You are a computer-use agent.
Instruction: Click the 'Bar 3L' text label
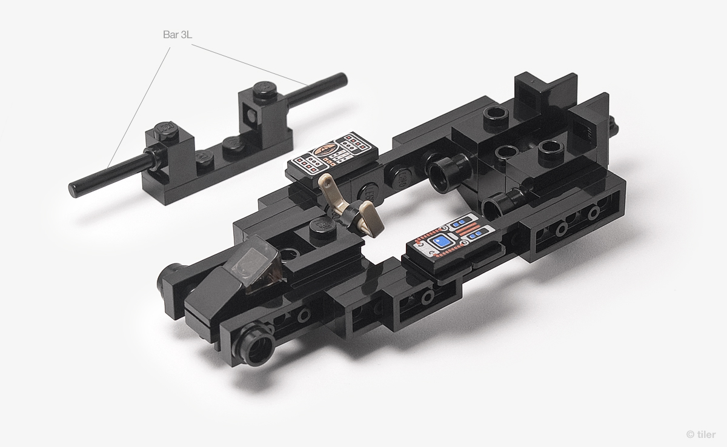point(177,35)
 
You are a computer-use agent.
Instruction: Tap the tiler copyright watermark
point(701,434)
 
